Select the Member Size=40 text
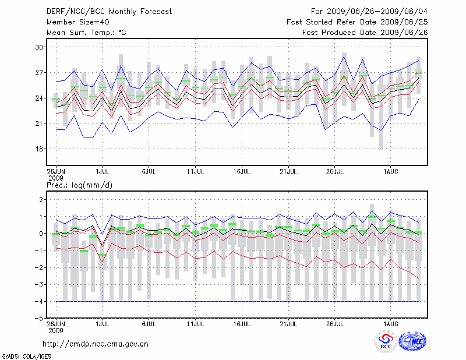point(77,22)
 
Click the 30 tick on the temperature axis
point(40,47)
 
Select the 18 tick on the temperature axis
point(40,149)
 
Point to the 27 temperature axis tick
point(40,72)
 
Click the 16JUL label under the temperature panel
point(242,172)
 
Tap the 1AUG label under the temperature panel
point(391,172)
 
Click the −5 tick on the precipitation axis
point(39,319)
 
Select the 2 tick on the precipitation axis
point(41,200)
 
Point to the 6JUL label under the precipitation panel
point(149,323)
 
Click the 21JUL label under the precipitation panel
point(288,323)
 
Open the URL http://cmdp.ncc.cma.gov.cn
point(96,344)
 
